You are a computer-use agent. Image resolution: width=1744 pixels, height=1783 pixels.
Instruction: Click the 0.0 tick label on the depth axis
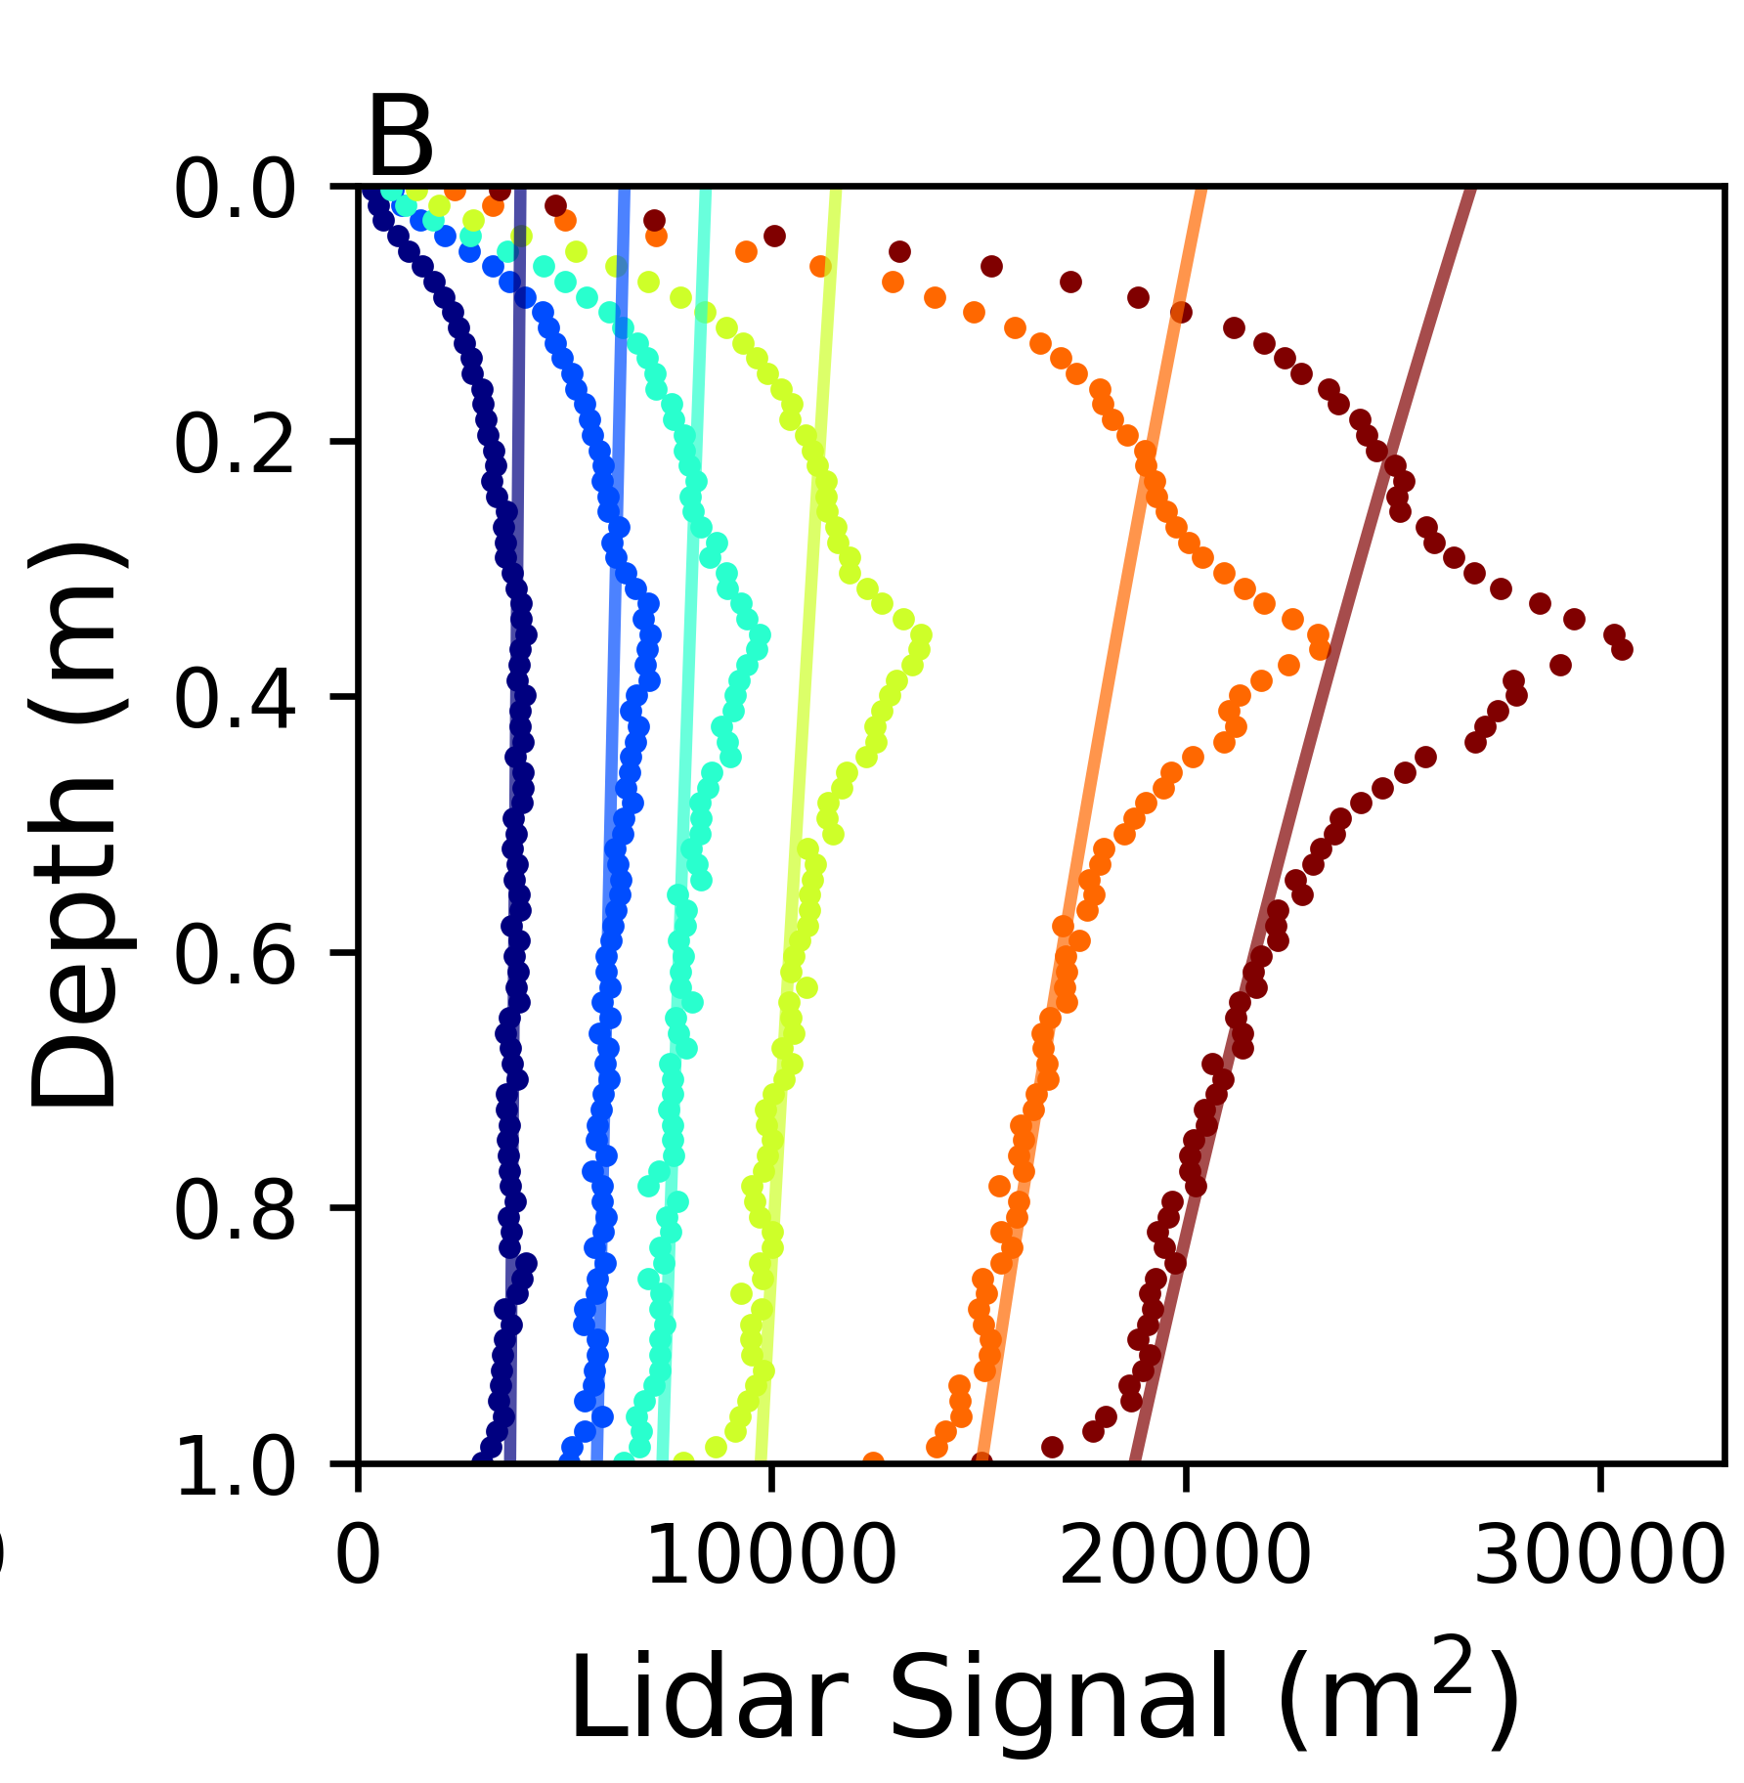point(235,191)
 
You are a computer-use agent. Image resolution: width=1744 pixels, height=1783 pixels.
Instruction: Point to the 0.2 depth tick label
point(235,446)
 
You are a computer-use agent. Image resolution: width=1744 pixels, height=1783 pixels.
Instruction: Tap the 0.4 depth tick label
point(235,701)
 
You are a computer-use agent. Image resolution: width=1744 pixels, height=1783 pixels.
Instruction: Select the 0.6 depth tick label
point(235,956)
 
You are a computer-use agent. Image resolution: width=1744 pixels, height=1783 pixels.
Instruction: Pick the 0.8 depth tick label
point(235,1212)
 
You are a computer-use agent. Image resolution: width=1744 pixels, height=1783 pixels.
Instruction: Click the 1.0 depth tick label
point(235,1467)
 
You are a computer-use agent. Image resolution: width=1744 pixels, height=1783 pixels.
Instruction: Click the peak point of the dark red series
point(1622,649)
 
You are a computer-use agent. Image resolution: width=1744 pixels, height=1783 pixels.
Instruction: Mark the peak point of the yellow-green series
point(921,635)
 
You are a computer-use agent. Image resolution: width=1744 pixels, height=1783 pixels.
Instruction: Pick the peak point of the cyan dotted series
point(760,635)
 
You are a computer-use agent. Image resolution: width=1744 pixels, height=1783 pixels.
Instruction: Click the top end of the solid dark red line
point(1471,190)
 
